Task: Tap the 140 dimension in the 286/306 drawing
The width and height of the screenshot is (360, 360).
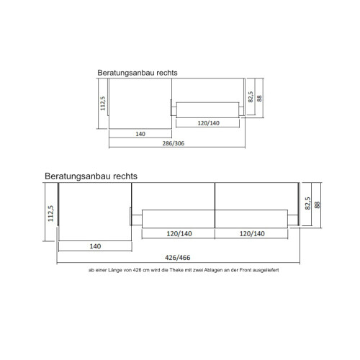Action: coord(140,133)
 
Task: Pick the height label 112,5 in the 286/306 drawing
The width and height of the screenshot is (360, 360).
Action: coord(103,106)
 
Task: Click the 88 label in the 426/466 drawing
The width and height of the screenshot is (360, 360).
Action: coord(317,204)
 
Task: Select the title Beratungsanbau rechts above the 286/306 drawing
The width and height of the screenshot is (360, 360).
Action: coord(138,73)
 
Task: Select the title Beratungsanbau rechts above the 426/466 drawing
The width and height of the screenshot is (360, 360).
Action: coord(91,175)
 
